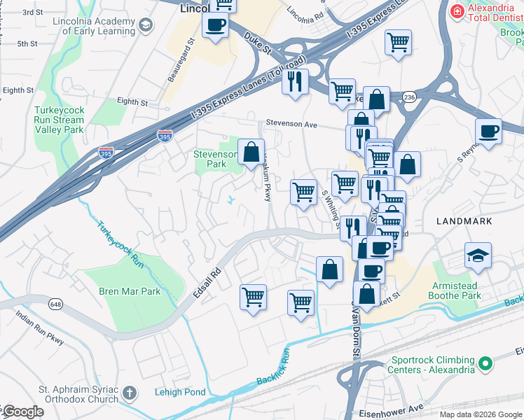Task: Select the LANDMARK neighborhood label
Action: click(x=463, y=220)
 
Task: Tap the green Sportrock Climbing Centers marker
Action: click(x=484, y=363)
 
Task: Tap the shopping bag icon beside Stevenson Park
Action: click(x=251, y=152)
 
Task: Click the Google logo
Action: click(x=22, y=412)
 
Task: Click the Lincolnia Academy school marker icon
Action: click(x=145, y=26)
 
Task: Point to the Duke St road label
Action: click(x=258, y=46)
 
